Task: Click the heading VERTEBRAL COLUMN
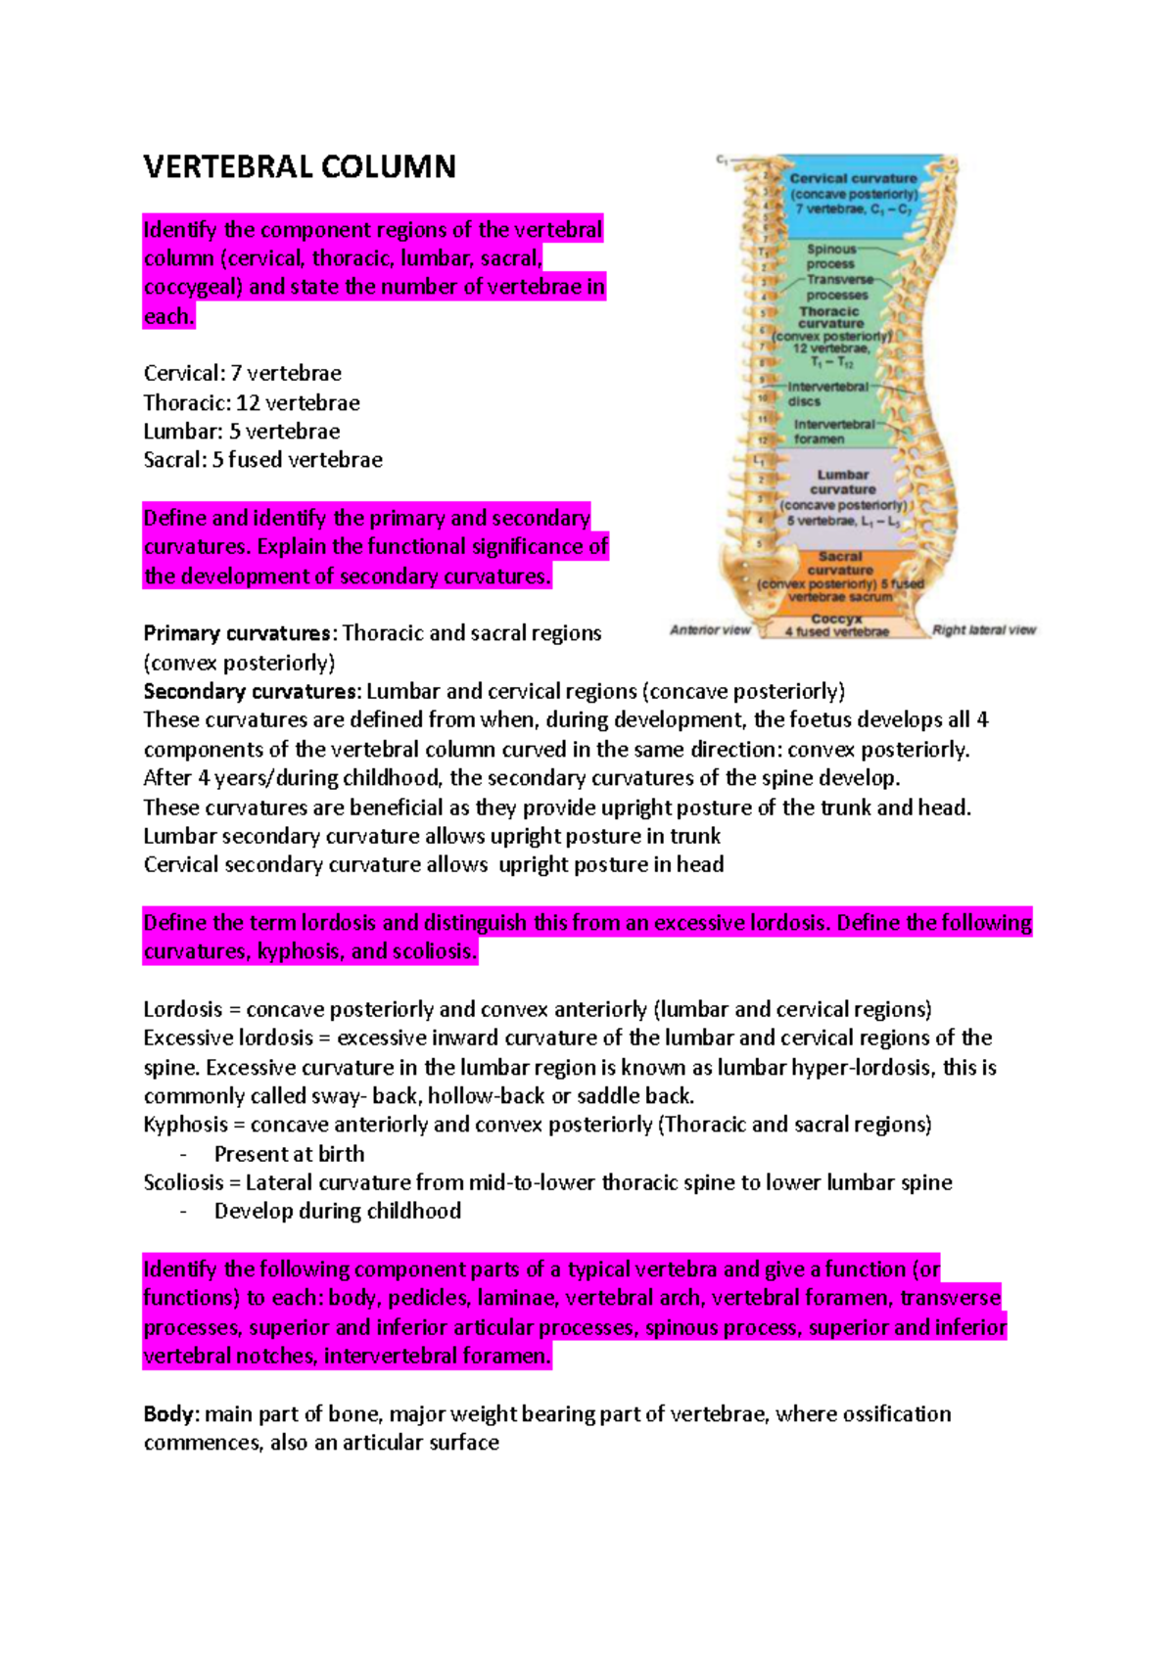[300, 167]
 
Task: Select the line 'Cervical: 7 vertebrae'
[242, 374]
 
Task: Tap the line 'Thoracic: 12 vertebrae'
[252, 403]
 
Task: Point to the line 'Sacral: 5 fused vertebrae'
[262, 460]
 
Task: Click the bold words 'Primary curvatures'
[237, 633]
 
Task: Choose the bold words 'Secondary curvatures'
[251, 691]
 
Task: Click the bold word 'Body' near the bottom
[171, 1414]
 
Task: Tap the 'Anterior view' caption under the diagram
[710, 630]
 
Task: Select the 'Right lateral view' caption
[983, 630]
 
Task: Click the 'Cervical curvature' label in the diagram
[853, 179]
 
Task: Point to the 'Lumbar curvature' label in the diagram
[843, 482]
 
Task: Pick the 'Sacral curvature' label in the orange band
[840, 563]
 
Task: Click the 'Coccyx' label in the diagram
[836, 619]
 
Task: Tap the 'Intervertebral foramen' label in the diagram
[833, 432]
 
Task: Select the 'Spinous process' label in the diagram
[830, 256]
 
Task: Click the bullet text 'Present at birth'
[289, 1154]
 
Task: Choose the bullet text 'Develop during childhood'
[337, 1212]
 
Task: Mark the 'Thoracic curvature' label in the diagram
[830, 317]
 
